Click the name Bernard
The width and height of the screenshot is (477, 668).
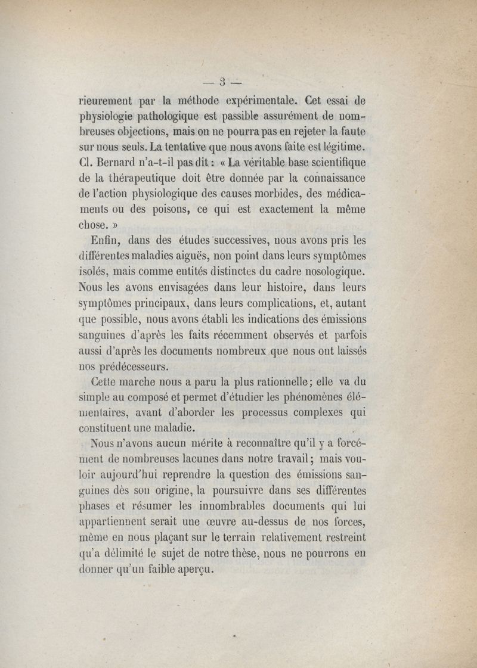(121, 162)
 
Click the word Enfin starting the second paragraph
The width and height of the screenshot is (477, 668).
(107, 240)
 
